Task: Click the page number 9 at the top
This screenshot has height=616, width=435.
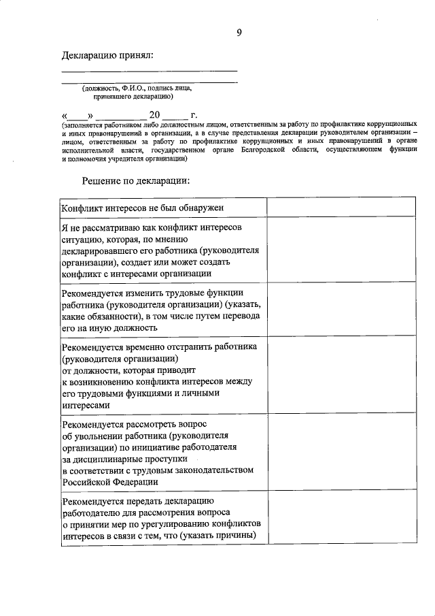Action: (x=239, y=31)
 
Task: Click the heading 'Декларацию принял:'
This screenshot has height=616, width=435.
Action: (x=107, y=54)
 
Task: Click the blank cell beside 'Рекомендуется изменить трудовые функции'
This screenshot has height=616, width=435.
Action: (x=341, y=308)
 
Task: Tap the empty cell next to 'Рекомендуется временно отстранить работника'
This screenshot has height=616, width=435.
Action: (x=341, y=375)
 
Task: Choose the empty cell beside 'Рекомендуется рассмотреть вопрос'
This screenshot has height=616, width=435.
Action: (x=341, y=452)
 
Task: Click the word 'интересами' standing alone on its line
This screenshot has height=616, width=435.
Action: (x=84, y=404)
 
